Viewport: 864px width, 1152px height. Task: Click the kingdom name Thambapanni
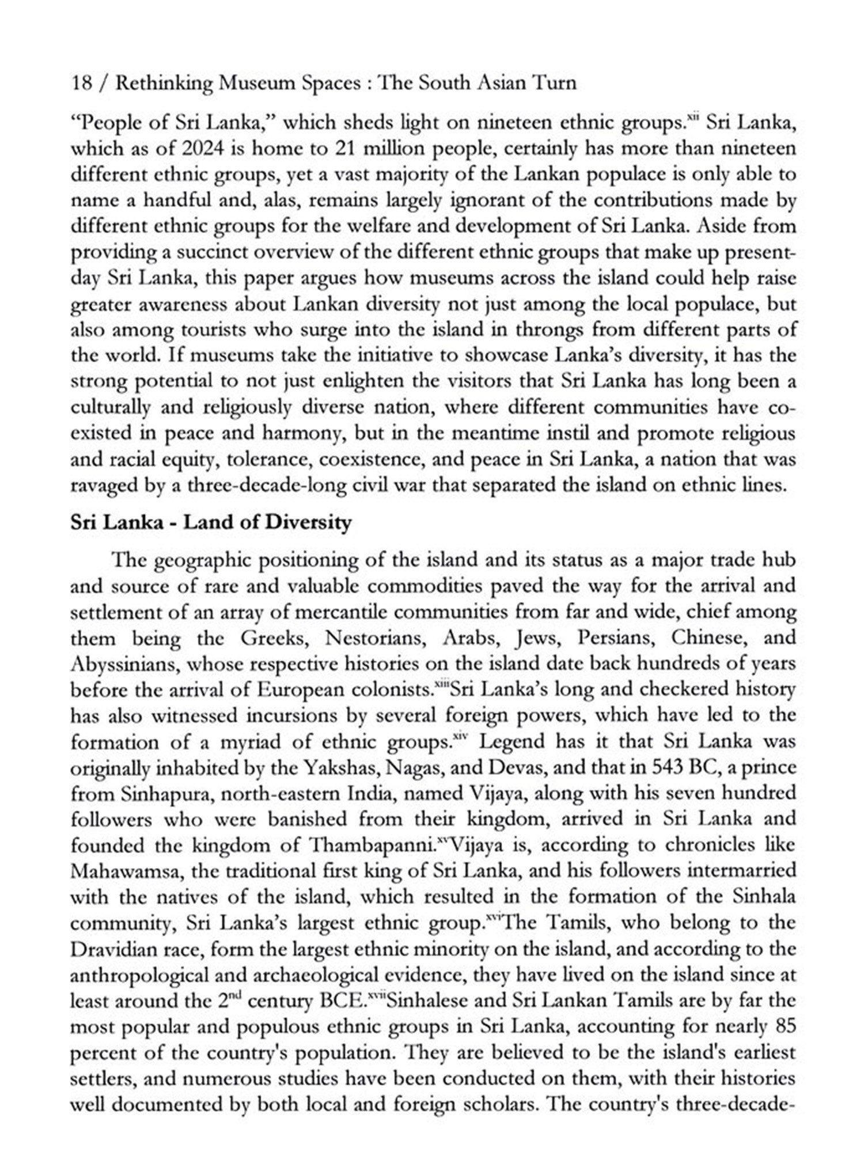click(371, 845)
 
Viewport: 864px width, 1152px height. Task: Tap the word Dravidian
click(113, 949)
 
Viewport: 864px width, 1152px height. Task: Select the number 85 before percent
click(785, 1026)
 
